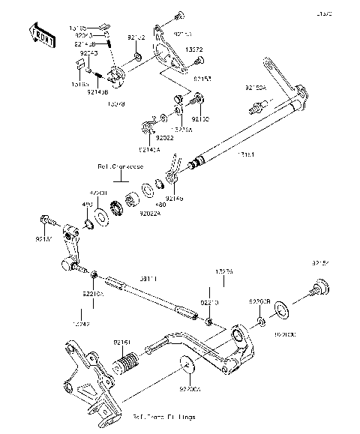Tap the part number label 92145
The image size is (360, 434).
(174, 199)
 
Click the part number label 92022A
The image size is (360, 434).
(149, 213)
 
